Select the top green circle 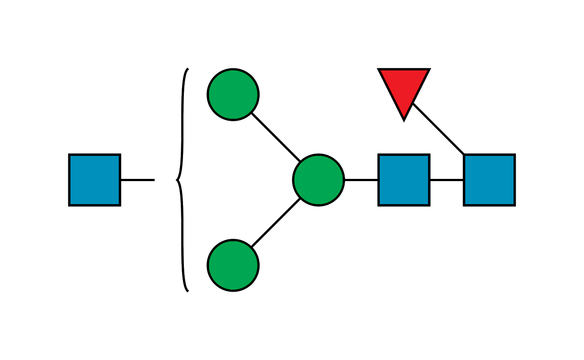coord(233,94)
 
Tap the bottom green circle coord(233,265)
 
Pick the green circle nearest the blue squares coord(318,180)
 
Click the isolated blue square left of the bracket coord(94,180)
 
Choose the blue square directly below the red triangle coord(404,180)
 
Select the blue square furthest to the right coord(489,180)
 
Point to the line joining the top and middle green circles coord(276,137)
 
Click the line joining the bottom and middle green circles coord(276,223)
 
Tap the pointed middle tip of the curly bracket coord(176,180)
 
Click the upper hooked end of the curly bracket coord(188,69)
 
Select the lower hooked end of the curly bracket coord(188,291)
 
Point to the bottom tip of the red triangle coord(404,120)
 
